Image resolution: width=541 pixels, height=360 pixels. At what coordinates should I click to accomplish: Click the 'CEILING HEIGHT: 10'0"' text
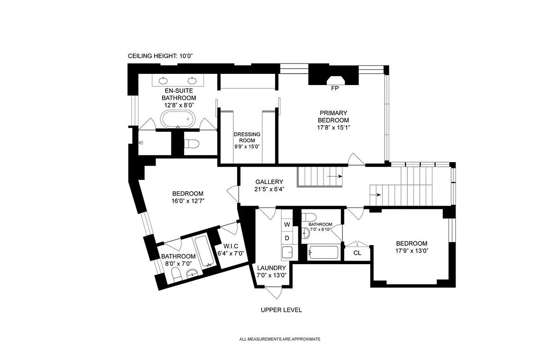pyautogui.click(x=160, y=56)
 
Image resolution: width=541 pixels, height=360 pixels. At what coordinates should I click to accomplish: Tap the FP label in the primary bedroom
pyautogui.click(x=334, y=89)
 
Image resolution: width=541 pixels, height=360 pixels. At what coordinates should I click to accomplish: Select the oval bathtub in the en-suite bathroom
pyautogui.click(x=178, y=120)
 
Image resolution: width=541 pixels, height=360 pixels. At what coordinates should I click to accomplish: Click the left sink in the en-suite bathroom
pyautogui.click(x=163, y=81)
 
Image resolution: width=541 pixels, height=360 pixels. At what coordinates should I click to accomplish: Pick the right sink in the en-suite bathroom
pyautogui.click(x=193, y=81)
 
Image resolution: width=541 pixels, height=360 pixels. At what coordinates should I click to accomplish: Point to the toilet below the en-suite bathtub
pyautogui.click(x=192, y=144)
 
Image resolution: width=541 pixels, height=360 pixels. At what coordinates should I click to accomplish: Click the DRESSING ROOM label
pyautogui.click(x=247, y=140)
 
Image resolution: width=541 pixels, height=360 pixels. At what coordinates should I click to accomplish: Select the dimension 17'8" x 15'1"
pyautogui.click(x=334, y=127)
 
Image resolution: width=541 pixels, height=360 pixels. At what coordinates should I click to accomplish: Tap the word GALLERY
pyautogui.click(x=269, y=182)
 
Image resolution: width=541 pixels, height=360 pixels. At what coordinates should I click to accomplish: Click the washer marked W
pyautogui.click(x=287, y=224)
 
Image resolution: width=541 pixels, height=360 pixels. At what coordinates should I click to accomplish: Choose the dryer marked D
pyautogui.click(x=287, y=238)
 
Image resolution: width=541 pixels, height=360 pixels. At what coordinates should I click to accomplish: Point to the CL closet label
pyautogui.click(x=357, y=253)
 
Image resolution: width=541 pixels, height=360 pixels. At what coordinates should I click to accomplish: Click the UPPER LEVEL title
pyautogui.click(x=281, y=310)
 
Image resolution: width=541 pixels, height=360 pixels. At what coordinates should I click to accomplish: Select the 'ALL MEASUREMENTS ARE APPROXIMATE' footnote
pyautogui.click(x=280, y=339)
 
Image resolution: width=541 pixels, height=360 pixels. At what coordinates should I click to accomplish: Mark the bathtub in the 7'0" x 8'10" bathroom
pyautogui.click(x=324, y=252)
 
